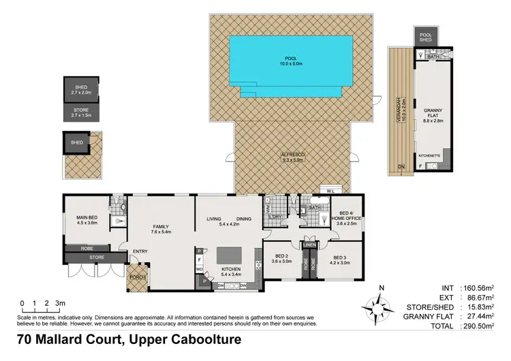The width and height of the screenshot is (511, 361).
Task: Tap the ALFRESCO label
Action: tap(294, 157)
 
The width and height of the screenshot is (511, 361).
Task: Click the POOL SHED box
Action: tap(425, 37)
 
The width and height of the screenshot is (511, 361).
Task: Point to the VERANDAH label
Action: tap(396, 109)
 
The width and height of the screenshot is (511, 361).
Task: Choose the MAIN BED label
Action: tap(88, 220)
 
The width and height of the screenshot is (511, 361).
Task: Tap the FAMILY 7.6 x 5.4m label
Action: tap(161, 230)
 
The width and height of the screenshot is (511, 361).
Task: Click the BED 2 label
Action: tap(282, 259)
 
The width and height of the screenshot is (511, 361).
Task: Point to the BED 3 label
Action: tap(339, 259)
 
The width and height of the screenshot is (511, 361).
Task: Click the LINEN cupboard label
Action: tap(310, 244)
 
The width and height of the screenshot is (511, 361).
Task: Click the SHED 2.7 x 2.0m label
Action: tap(81, 89)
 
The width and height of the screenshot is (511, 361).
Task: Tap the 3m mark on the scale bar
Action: tap(60, 302)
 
